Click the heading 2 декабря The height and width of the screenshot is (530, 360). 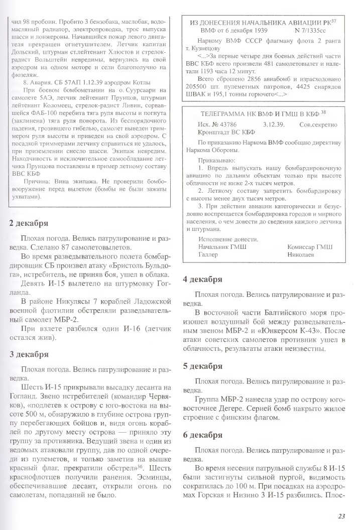pyautogui.click(x=29, y=223)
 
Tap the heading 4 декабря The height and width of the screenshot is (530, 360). pyautogui.click(x=202, y=280)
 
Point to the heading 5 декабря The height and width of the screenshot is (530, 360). pyautogui.click(x=202, y=366)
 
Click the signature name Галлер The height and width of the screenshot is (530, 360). pyautogui.click(x=208, y=254)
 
